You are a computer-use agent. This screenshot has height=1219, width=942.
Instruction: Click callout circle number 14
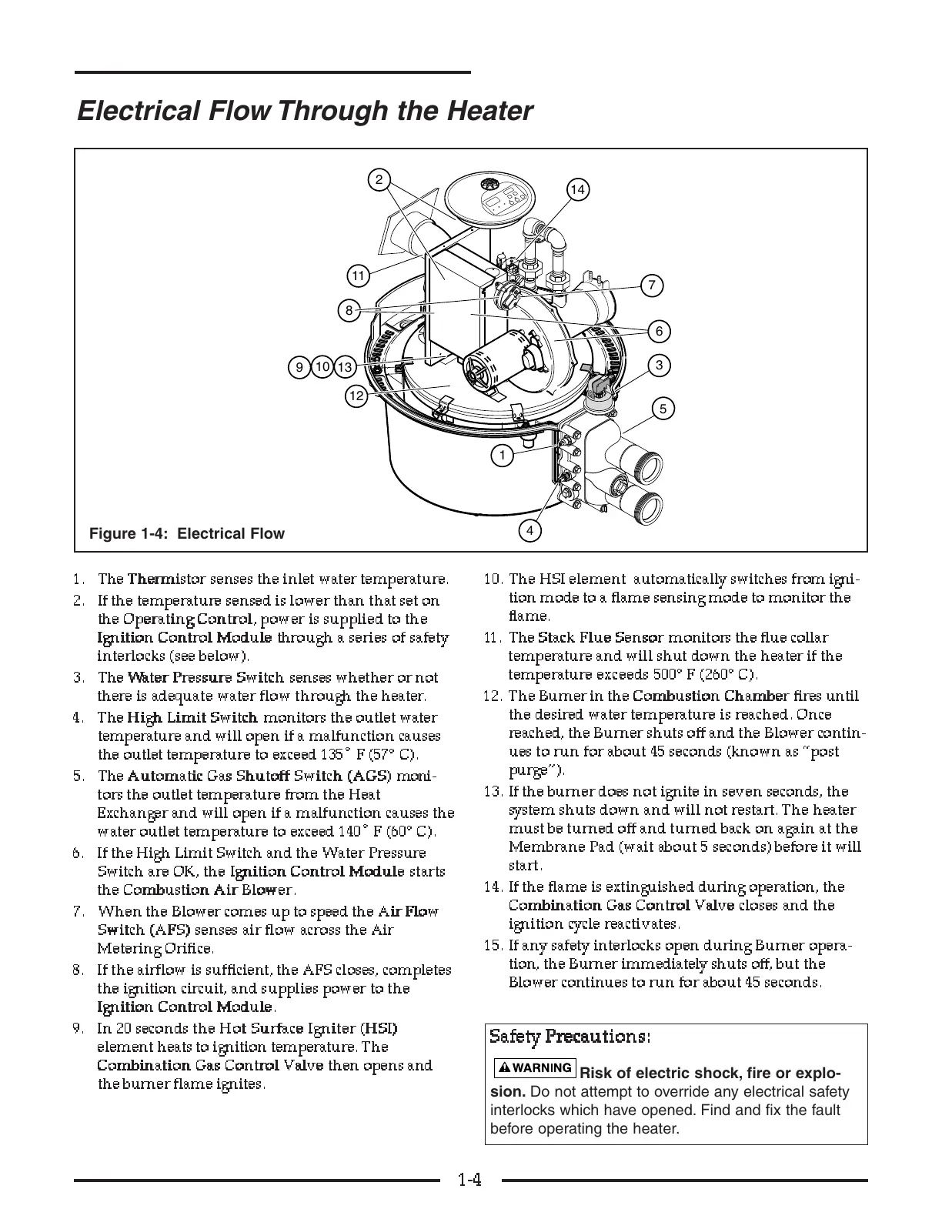577,189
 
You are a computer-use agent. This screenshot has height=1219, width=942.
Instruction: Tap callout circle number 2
379,180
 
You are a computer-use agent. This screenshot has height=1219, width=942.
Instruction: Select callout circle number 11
358,276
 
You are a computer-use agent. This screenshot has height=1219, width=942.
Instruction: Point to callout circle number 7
651,286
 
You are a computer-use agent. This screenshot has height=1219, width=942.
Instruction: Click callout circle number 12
356,396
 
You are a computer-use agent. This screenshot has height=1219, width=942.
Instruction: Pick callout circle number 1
502,456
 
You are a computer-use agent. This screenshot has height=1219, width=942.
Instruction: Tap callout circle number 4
530,530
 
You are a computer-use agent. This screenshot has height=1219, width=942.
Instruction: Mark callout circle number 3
660,365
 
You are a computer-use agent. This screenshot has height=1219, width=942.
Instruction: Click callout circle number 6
659,332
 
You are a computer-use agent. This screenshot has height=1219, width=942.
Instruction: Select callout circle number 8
349,311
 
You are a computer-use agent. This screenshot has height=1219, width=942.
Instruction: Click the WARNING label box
535,1067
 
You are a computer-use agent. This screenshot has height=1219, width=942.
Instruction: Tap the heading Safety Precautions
570,1037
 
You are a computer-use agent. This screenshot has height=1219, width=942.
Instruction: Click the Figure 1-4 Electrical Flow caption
187,533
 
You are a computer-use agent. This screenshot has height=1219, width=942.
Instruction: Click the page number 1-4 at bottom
469,1180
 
